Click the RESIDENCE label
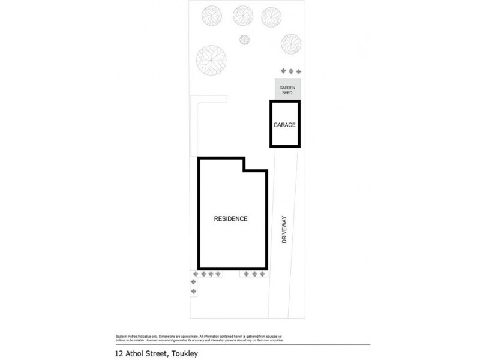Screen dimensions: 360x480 230,219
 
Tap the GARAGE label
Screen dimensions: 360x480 284,125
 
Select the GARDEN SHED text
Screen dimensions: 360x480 288,90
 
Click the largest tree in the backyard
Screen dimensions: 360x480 211,59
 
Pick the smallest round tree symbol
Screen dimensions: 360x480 244,40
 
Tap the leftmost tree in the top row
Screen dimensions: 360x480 212,16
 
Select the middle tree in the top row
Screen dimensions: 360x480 243,16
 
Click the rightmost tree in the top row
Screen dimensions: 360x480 271,17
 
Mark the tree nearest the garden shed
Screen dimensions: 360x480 291,43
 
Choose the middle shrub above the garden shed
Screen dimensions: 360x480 290,71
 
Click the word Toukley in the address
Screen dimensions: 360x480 185,353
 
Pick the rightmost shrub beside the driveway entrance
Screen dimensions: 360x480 262,274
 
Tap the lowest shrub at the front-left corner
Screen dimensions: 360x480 193,292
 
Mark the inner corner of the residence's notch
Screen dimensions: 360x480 244,172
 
